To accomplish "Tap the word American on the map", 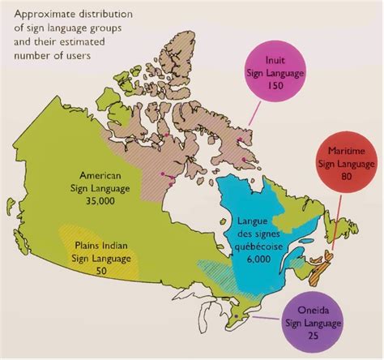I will click(100, 175).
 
